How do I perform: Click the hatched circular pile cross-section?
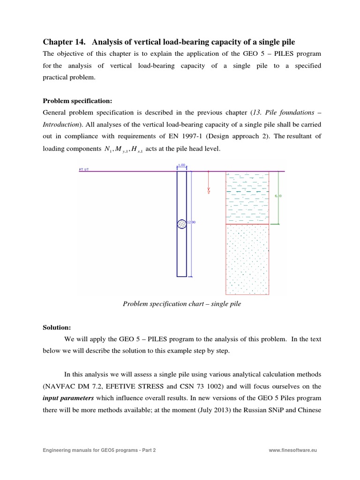[181, 224]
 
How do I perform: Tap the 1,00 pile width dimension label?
[181, 165]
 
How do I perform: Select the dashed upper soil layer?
[247, 197]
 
